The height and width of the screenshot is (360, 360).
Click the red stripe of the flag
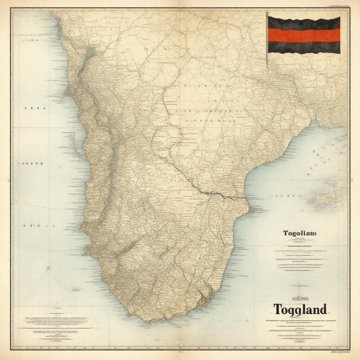pos(304,35)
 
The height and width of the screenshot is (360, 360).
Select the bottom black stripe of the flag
pos(304,47)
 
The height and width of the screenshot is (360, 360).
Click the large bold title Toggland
pos(300,309)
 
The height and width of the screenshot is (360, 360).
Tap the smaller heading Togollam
pos(300,233)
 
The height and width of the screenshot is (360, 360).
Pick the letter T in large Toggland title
pos(278,309)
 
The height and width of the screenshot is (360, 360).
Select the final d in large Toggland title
pos(322,309)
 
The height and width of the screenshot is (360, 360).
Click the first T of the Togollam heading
pos(285,233)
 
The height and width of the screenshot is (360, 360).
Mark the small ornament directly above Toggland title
pos(300,298)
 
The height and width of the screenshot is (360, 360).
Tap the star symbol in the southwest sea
pos(49,269)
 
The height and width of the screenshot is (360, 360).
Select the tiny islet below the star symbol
pos(76,290)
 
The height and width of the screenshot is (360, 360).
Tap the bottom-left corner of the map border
pos(11,349)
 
